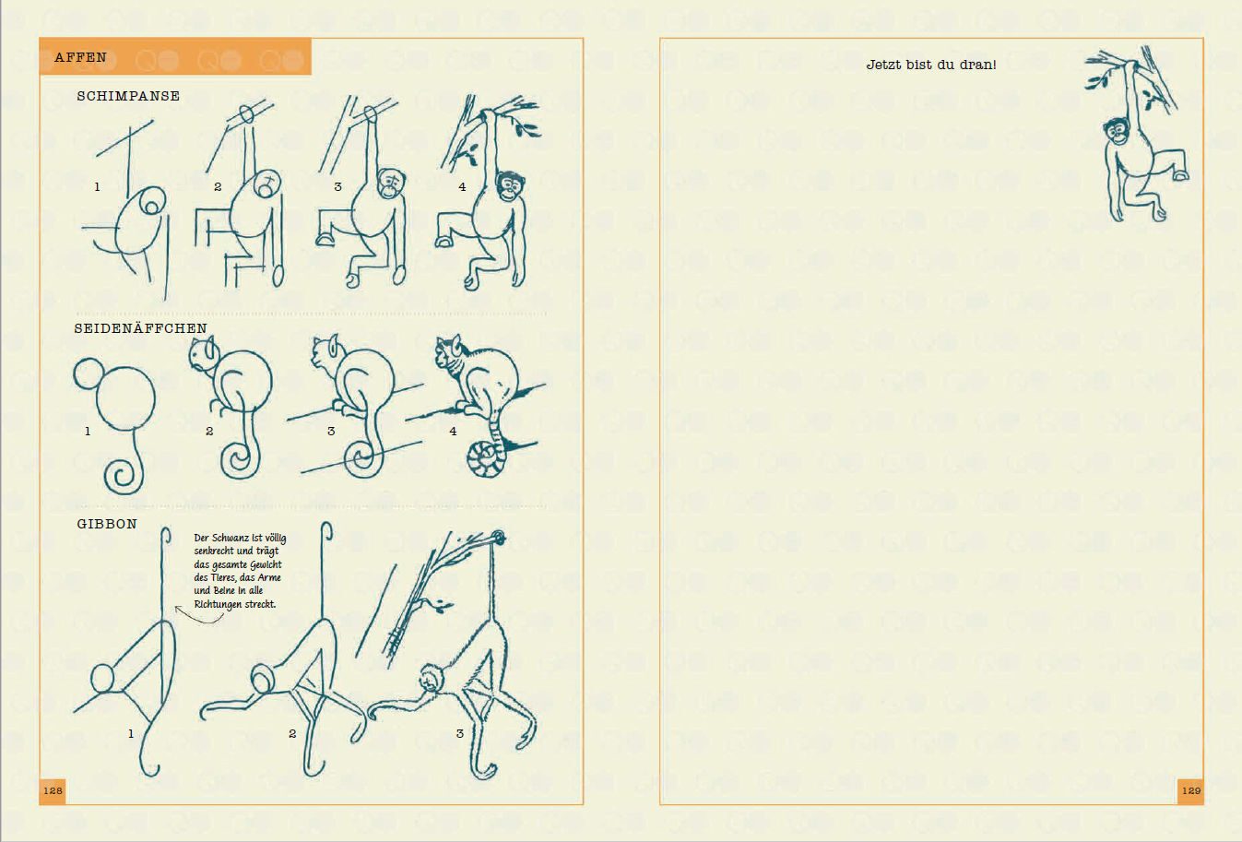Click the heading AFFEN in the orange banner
click(80, 57)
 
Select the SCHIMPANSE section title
click(128, 96)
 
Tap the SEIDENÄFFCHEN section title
click(140, 328)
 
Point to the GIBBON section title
click(107, 524)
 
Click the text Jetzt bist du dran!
click(931, 65)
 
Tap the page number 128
click(53, 790)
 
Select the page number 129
click(1191, 790)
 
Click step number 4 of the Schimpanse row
click(462, 187)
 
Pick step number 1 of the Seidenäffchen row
click(88, 431)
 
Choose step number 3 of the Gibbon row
click(460, 734)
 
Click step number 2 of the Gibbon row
click(292, 734)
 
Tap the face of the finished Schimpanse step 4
click(510, 185)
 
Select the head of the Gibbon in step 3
click(432, 679)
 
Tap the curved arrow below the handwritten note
click(198, 617)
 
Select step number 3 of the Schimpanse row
click(337, 187)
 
